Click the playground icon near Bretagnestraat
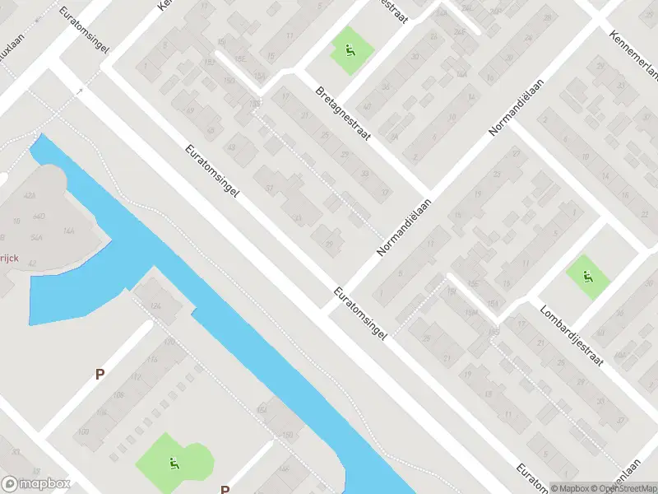[x=351, y=51]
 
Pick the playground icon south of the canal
[x=174, y=464]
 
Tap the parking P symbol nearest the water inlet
[x=100, y=374]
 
